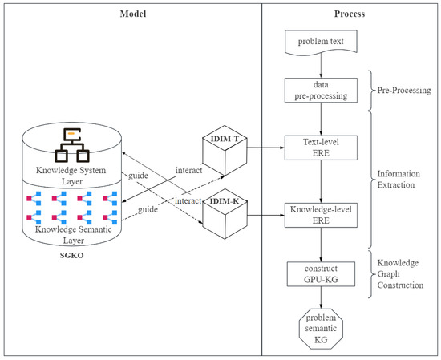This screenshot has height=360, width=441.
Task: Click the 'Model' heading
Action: pyautogui.click(x=133, y=14)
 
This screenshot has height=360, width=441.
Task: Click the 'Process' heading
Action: pyautogui.click(x=350, y=14)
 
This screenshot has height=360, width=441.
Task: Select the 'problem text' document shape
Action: pyautogui.click(x=321, y=42)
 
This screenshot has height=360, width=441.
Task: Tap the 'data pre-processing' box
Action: pyautogui.click(x=321, y=91)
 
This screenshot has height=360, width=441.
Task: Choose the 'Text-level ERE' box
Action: pyautogui.click(x=321, y=148)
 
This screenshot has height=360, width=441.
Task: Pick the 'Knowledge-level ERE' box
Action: pyautogui.click(x=321, y=215)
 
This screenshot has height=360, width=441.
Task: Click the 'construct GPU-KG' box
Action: pyautogui.click(x=321, y=274)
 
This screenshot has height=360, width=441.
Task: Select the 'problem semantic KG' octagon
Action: pyautogui.click(x=321, y=329)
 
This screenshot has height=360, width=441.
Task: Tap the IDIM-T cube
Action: pyautogui.click(x=225, y=151)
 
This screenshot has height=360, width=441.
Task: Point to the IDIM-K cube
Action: pyautogui.click(x=225, y=214)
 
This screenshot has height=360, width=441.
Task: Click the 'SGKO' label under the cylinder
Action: pyautogui.click(x=71, y=256)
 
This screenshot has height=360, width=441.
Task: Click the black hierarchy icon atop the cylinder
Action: pyautogui.click(x=72, y=145)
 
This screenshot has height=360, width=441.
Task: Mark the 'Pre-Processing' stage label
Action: pyautogui.click(x=404, y=91)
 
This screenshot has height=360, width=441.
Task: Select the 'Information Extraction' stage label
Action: pyautogui.click(x=399, y=179)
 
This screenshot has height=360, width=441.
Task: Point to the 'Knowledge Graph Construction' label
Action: pyautogui.click(x=400, y=274)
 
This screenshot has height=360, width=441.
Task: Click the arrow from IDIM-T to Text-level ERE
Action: pyautogui.click(x=265, y=148)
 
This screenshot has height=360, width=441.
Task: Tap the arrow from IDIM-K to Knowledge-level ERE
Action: pyautogui.click(x=265, y=216)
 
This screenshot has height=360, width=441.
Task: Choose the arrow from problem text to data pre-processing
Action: pyautogui.click(x=321, y=66)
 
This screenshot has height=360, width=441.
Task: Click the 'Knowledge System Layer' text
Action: pyautogui.click(x=71, y=176)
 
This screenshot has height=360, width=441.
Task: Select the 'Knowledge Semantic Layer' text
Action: pyautogui.click(x=74, y=235)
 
